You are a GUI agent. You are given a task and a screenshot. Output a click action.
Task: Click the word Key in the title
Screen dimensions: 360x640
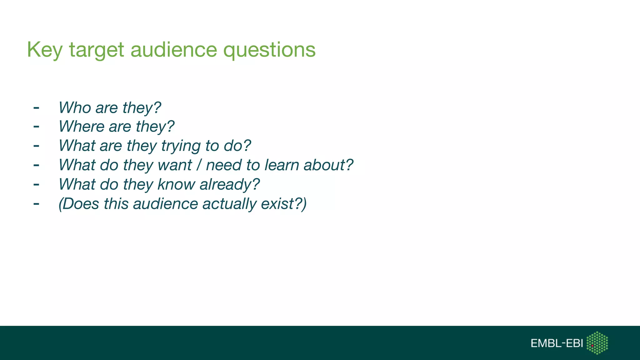45,50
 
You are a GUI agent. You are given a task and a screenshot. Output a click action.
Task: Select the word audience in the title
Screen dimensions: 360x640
173,50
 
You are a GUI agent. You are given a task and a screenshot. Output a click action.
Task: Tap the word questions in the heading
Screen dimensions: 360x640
269,50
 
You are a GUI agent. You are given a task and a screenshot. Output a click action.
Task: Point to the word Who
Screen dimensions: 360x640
75,107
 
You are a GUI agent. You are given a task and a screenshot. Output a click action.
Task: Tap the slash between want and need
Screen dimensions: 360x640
199,165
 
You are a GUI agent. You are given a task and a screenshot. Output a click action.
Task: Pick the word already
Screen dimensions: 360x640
229,185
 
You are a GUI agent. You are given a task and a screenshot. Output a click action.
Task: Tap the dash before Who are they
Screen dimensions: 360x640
36,108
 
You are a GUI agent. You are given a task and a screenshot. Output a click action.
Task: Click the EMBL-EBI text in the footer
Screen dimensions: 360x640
557,343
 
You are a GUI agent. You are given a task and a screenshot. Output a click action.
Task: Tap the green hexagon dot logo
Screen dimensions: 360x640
597,343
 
